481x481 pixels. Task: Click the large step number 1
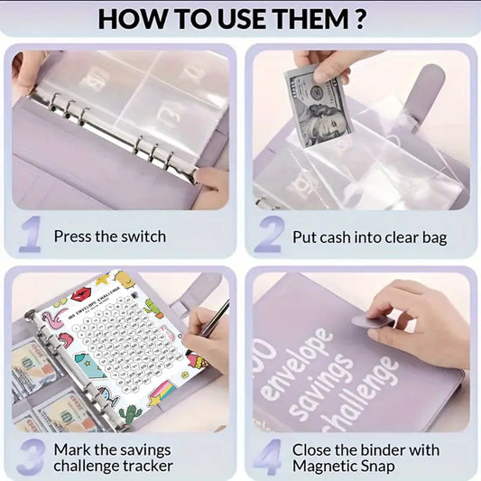pos(30,235)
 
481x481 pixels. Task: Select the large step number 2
pos(268,235)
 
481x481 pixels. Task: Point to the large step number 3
pos(30,457)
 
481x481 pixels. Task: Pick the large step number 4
pos(268,457)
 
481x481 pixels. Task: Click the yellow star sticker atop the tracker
pos(101,281)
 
